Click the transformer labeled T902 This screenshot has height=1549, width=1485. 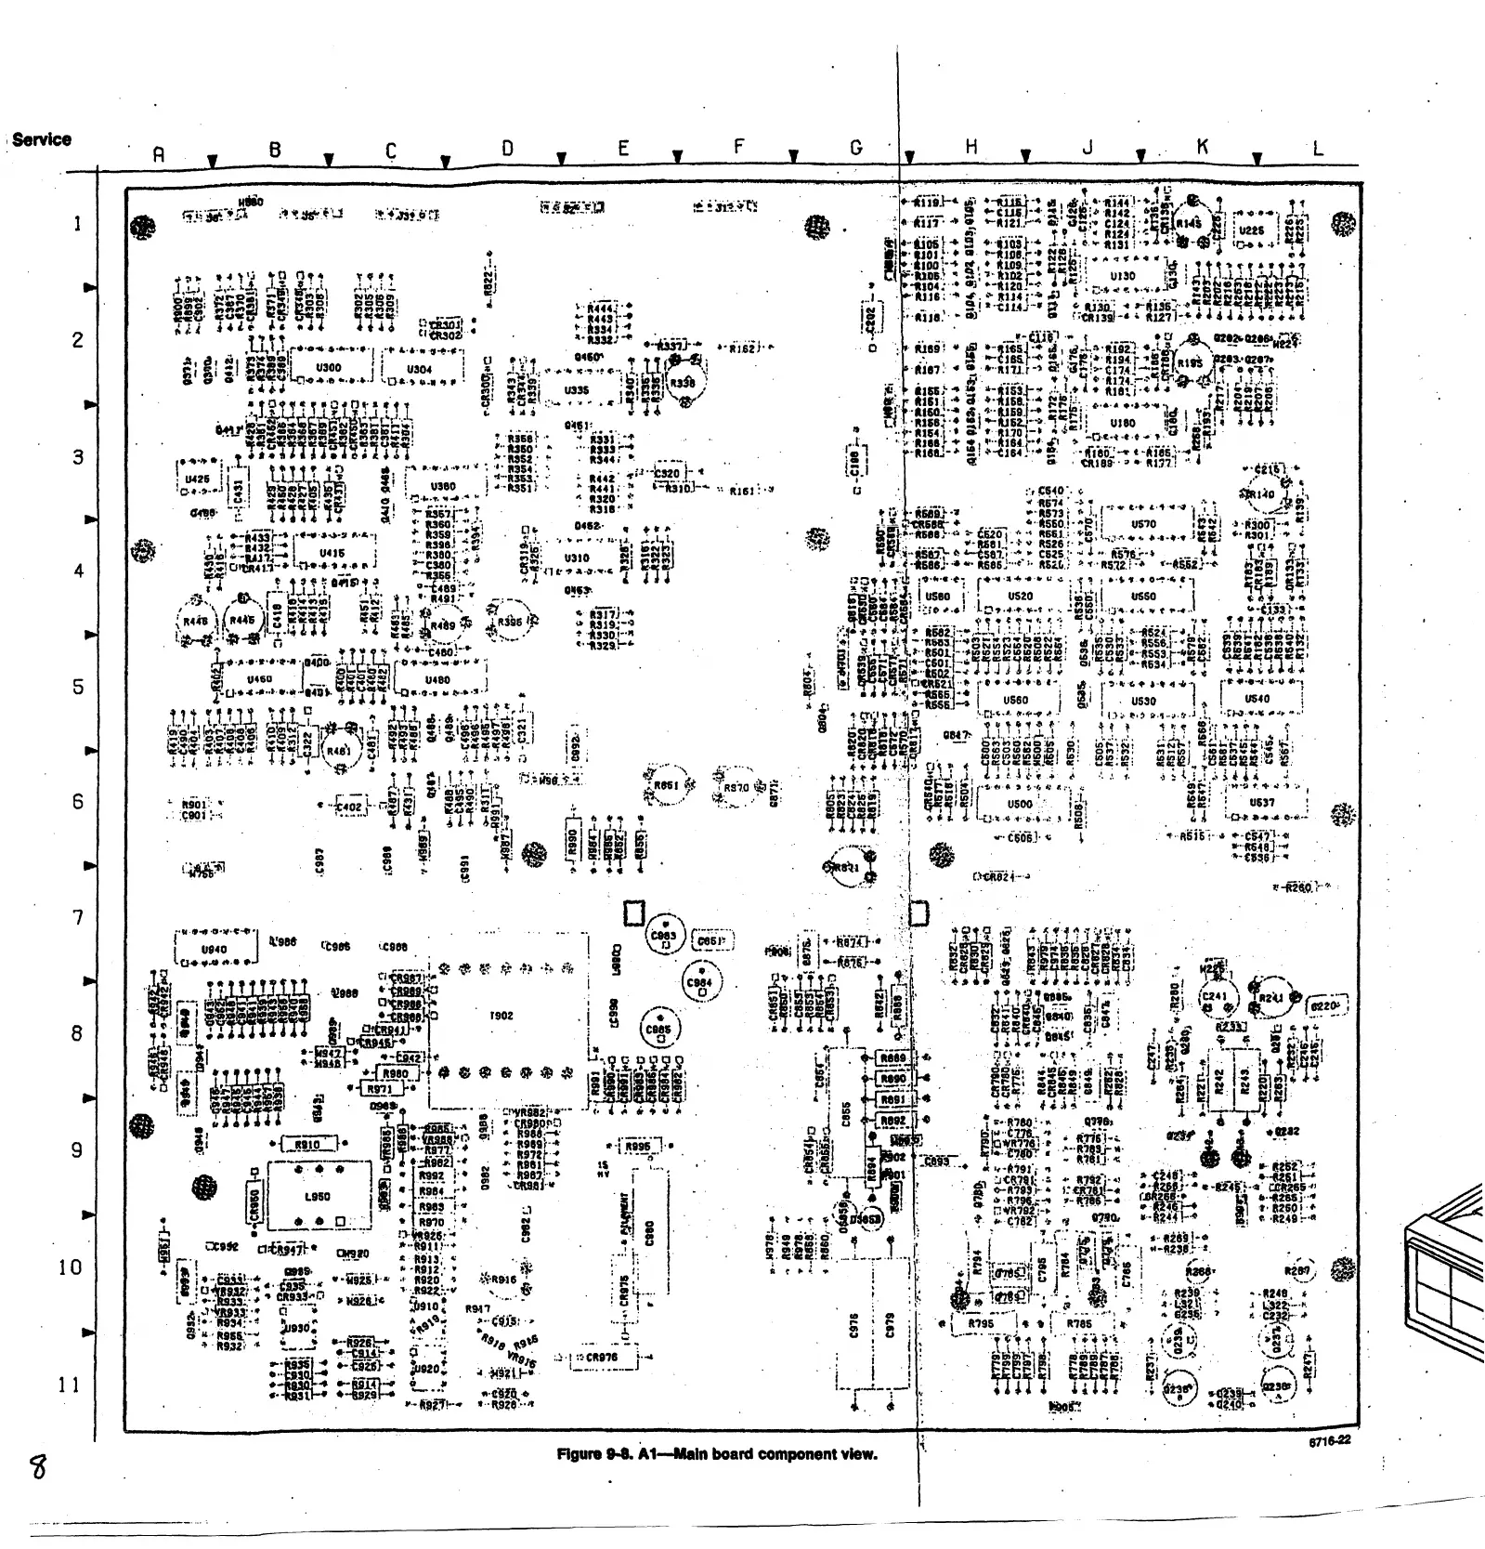click(501, 1016)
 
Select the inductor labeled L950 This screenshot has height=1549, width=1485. click(318, 1196)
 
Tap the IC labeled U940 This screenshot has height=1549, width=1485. click(215, 949)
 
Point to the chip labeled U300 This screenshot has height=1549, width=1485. click(329, 367)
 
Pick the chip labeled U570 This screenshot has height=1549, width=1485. click(1143, 524)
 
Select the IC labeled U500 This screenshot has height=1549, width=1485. click(1019, 804)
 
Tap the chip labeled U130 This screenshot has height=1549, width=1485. click(1123, 276)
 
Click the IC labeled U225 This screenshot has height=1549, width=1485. click(1251, 230)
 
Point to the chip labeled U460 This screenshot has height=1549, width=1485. click(259, 679)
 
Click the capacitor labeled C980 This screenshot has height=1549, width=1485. click(649, 1232)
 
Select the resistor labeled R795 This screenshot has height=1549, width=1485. click(981, 1323)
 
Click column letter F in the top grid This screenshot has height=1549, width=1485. click(739, 147)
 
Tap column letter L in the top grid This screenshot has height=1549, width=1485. click(1318, 148)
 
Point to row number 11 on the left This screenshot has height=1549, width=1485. click(70, 1385)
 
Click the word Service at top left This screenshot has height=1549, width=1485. click(42, 139)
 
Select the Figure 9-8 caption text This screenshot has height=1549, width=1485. click(716, 1453)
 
